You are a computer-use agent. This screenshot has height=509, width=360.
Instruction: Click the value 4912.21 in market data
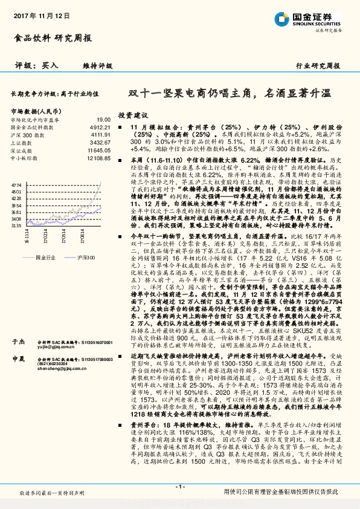pyautogui.click(x=100, y=128)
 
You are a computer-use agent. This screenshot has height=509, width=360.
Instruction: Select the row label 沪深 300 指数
pyautogui.click(x=27, y=136)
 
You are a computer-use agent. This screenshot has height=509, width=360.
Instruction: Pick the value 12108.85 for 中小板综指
pyautogui.click(x=98, y=158)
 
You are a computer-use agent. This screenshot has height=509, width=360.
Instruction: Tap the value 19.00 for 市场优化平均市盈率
pyautogui.click(x=103, y=120)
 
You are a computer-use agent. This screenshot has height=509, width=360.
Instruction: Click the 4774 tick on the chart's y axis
pyautogui.click(x=16, y=183)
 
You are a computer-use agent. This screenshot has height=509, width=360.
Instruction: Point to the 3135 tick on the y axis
pyautogui.click(x=16, y=225)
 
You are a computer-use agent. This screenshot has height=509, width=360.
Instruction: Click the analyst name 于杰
pyautogui.click(x=19, y=342)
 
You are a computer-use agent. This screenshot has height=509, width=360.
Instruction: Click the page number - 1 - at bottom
pyautogui.click(x=179, y=488)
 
